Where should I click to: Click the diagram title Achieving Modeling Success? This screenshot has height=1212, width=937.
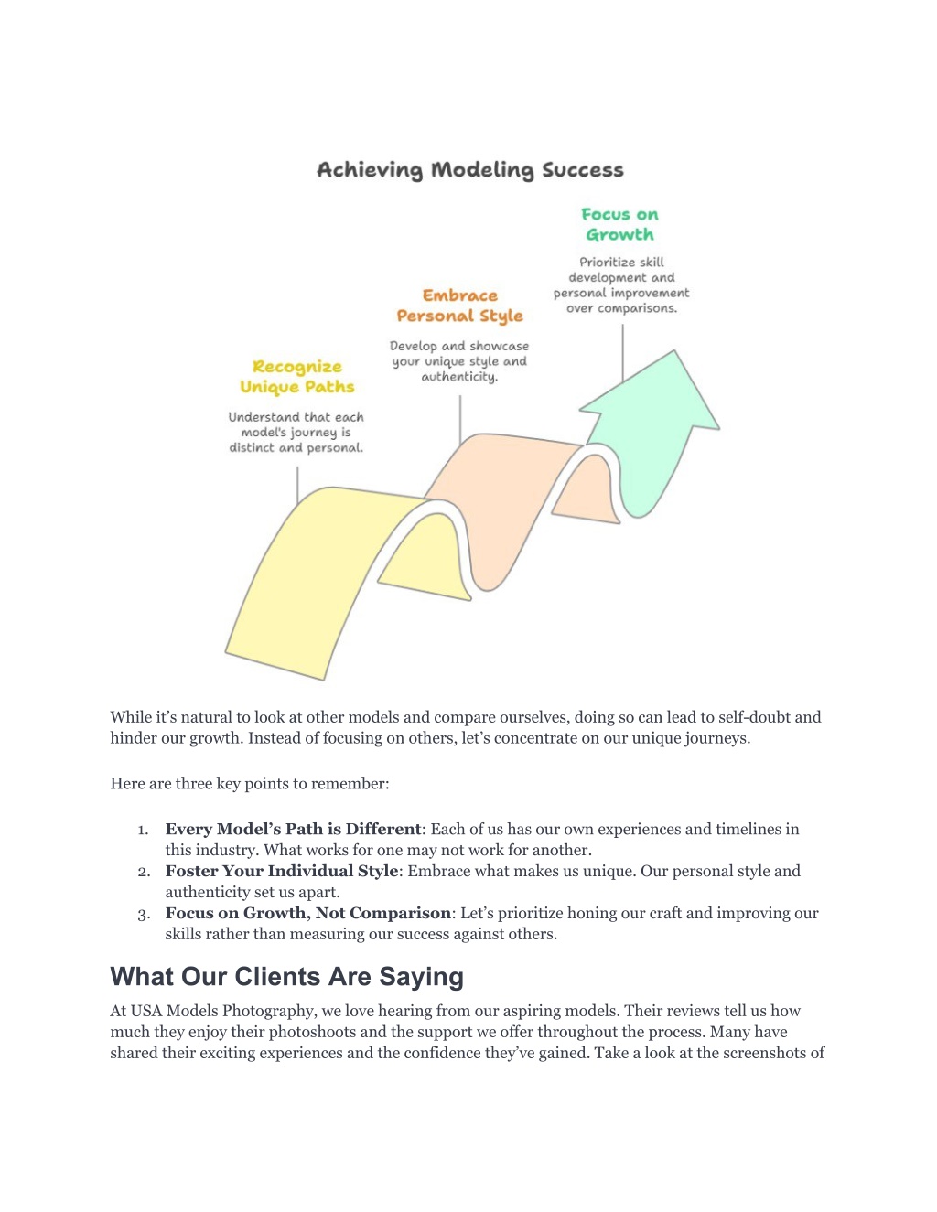[x=470, y=169]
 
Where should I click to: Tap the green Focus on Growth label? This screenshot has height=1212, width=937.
[x=619, y=224]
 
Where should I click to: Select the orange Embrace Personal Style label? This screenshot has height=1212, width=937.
[x=459, y=306]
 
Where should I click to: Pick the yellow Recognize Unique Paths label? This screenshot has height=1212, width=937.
[x=296, y=377]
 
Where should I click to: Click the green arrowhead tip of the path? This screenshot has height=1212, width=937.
[x=674, y=351]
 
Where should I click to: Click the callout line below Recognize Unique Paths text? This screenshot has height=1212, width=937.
[x=297, y=485]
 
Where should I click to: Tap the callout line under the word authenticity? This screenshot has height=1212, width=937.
[x=460, y=420]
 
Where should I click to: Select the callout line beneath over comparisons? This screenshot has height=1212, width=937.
[x=622, y=354]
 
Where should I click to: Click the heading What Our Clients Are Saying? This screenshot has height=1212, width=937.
[x=286, y=977]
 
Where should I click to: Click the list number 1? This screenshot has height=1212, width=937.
[x=143, y=830]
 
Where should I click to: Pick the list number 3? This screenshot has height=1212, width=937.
[x=144, y=915]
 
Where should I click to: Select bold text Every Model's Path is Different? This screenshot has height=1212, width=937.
[x=293, y=829]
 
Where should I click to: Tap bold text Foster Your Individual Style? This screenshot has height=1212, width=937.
[x=282, y=871]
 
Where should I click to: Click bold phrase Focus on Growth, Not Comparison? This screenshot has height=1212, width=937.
[x=307, y=913]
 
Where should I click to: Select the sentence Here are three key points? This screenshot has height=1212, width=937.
[x=249, y=784]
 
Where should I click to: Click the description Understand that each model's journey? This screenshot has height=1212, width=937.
[x=296, y=433]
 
